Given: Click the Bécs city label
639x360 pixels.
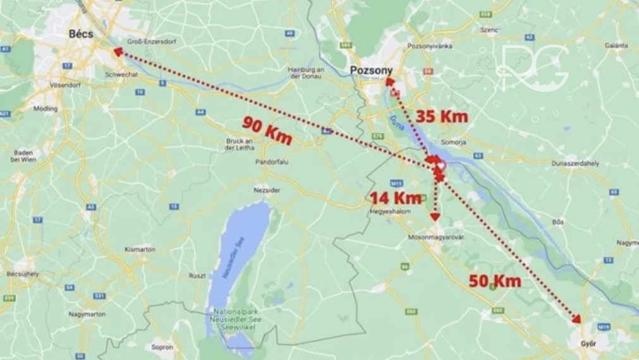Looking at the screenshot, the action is pyautogui.click(x=80, y=35).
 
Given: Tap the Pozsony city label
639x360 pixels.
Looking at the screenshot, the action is pyautogui.click(x=371, y=70).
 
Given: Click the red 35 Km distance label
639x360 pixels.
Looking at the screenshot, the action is pyautogui.click(x=442, y=116).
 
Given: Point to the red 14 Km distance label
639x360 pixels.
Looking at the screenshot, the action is pyautogui.click(x=396, y=198).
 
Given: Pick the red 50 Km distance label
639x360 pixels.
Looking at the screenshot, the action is pyautogui.click(x=495, y=281).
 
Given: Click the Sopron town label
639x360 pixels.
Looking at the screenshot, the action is pyautogui.click(x=162, y=347).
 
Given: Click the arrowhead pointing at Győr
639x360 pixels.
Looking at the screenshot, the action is pyautogui.click(x=576, y=319).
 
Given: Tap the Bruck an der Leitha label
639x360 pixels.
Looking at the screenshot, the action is pyautogui.click(x=239, y=143).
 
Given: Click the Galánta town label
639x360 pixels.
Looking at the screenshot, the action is pyautogui.click(x=616, y=45).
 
